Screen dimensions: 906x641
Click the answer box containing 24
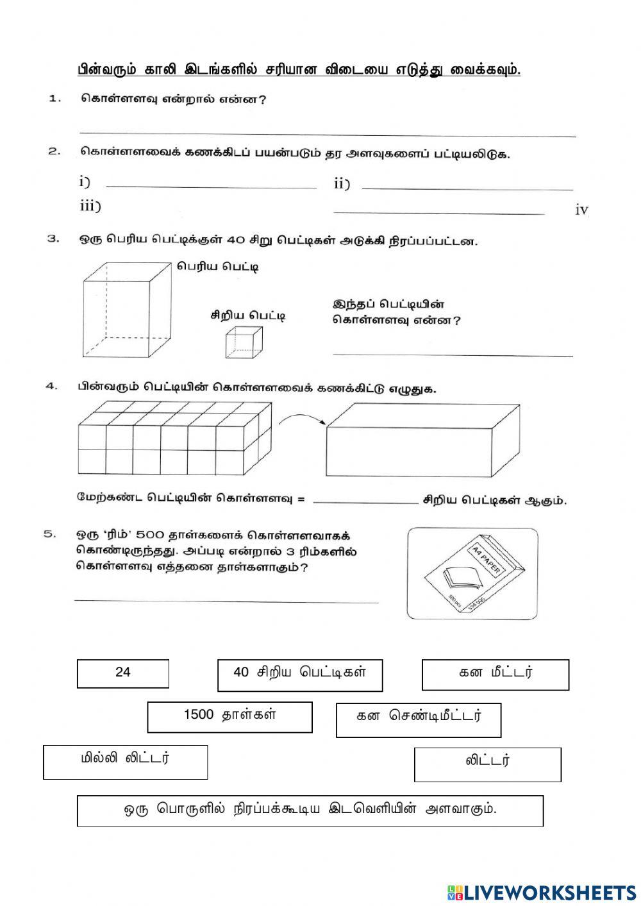[x=123, y=673]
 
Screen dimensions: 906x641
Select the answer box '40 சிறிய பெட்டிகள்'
[x=300, y=675]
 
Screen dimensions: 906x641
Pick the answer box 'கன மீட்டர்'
[x=495, y=675]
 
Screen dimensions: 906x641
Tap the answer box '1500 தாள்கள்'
[x=229, y=716]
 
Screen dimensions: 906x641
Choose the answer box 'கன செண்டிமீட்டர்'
[x=418, y=719]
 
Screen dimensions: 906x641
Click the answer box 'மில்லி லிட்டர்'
[x=126, y=762]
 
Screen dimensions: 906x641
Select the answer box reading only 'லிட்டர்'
[x=487, y=764]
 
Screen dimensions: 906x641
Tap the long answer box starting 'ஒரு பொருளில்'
[x=310, y=810]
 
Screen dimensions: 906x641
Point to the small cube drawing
[x=244, y=341]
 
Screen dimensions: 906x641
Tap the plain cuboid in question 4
[x=422, y=440]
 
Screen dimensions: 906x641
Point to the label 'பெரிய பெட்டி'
[x=218, y=267]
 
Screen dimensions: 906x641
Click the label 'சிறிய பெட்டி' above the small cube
[x=248, y=315]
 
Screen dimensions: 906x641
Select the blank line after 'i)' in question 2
[x=211, y=187]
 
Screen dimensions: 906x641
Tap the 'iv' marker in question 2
[x=581, y=210]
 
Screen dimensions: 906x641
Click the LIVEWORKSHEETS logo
[x=541, y=892]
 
